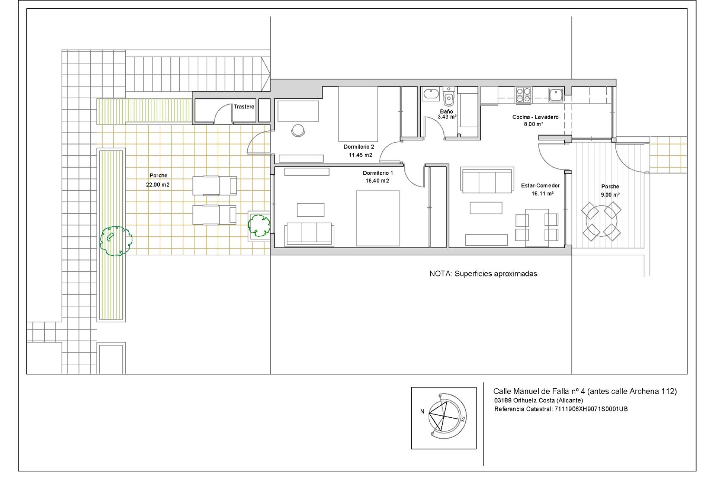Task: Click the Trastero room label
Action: pos(244,107)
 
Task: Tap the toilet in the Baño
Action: pos(449,98)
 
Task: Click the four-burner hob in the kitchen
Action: pos(524,95)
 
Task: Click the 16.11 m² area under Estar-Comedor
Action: pos(542,194)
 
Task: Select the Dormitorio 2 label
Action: pos(359,147)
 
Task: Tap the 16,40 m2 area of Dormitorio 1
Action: pos(377,181)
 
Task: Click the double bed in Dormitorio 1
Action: pos(378,218)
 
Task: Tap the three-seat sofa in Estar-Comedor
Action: pos(487,180)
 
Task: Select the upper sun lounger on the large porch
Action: pos(214,186)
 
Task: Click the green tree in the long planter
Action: pos(116,241)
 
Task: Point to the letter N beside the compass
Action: pos(422,411)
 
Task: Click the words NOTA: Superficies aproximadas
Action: pos(483,274)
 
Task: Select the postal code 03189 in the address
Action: pos(503,401)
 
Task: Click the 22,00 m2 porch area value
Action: pos(158,184)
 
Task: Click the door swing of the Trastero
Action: pos(222,114)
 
